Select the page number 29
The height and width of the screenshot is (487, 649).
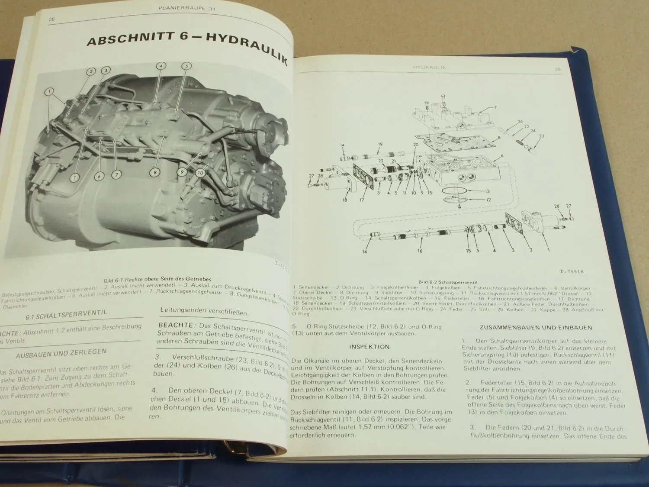click(x=557, y=69)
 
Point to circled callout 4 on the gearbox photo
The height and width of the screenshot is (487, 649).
click(x=161, y=66)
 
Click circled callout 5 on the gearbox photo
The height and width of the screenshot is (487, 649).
click(x=186, y=66)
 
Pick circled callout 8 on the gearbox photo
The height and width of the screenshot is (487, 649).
click(x=154, y=173)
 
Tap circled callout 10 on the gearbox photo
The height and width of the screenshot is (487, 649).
click(x=200, y=173)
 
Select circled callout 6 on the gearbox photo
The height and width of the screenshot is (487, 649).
click(x=99, y=176)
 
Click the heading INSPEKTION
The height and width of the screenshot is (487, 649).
click(x=369, y=346)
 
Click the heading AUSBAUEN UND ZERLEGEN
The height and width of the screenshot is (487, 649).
click(x=61, y=353)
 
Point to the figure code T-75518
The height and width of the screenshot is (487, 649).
click(x=571, y=271)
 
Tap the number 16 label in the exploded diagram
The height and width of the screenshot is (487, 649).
click(x=420, y=251)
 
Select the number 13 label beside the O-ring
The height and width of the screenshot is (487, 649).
click(x=487, y=191)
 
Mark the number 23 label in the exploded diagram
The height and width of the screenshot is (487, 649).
click(x=541, y=136)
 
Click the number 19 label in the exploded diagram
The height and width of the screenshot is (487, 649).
click(x=380, y=144)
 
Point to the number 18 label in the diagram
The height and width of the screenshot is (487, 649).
click(x=345, y=200)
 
